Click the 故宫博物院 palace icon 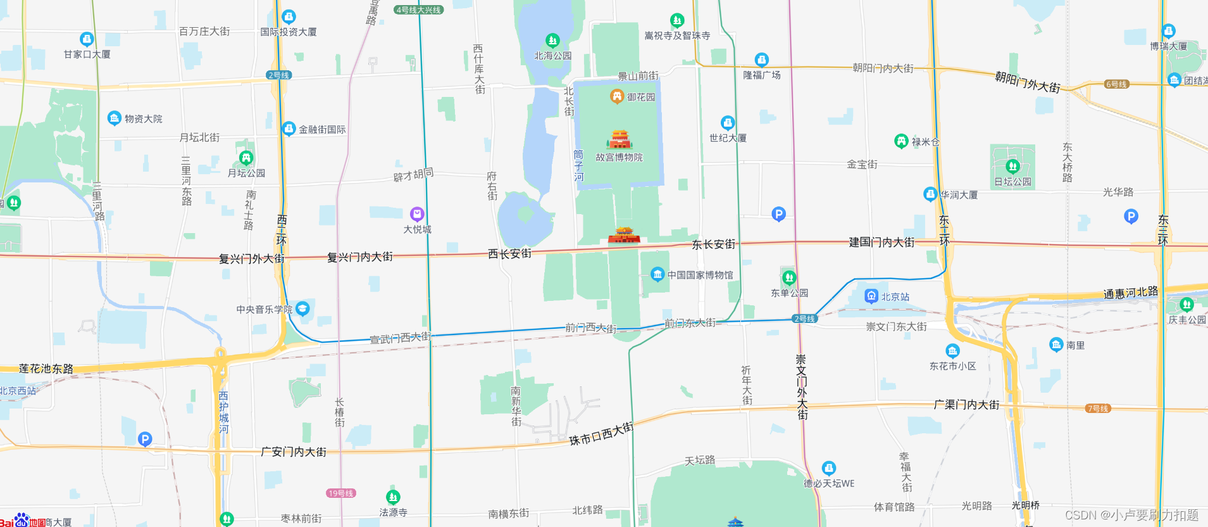coord(619,139)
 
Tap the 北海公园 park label coord(552,56)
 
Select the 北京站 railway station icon coord(871,296)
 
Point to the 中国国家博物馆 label coord(700,275)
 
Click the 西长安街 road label coord(509,254)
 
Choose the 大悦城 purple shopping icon coord(416,213)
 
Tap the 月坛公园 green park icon coord(246,157)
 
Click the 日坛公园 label coord(1012,182)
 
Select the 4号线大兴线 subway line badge coord(418,10)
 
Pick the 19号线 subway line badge coord(341,493)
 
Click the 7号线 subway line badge coord(1097,409)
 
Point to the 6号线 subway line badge coord(1116,84)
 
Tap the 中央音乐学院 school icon coord(302,308)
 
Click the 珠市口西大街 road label coord(601,434)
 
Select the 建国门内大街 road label coord(881,242)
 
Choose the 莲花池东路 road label coord(46,369)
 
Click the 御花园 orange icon coord(617,96)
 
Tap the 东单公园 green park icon coord(788,277)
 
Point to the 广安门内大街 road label coord(294,452)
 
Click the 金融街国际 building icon coord(289,129)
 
